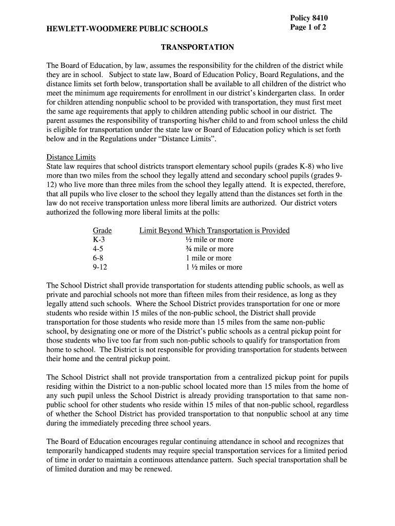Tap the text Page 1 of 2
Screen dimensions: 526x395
[x=308, y=27]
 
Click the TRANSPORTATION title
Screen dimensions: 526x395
[x=197, y=47]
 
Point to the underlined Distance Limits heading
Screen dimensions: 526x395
[x=71, y=157]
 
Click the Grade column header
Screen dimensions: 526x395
[x=102, y=231]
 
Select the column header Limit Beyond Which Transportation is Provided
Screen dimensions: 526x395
[x=214, y=231]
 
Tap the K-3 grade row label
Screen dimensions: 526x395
[x=100, y=240]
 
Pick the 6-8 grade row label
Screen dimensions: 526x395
[x=98, y=258]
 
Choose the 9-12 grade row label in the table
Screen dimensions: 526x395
[x=100, y=268]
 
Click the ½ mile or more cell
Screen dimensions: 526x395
[x=209, y=240]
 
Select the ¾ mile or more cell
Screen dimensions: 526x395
[x=209, y=249]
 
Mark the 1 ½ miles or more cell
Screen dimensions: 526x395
[x=214, y=268]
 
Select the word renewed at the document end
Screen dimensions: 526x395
[x=157, y=469]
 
